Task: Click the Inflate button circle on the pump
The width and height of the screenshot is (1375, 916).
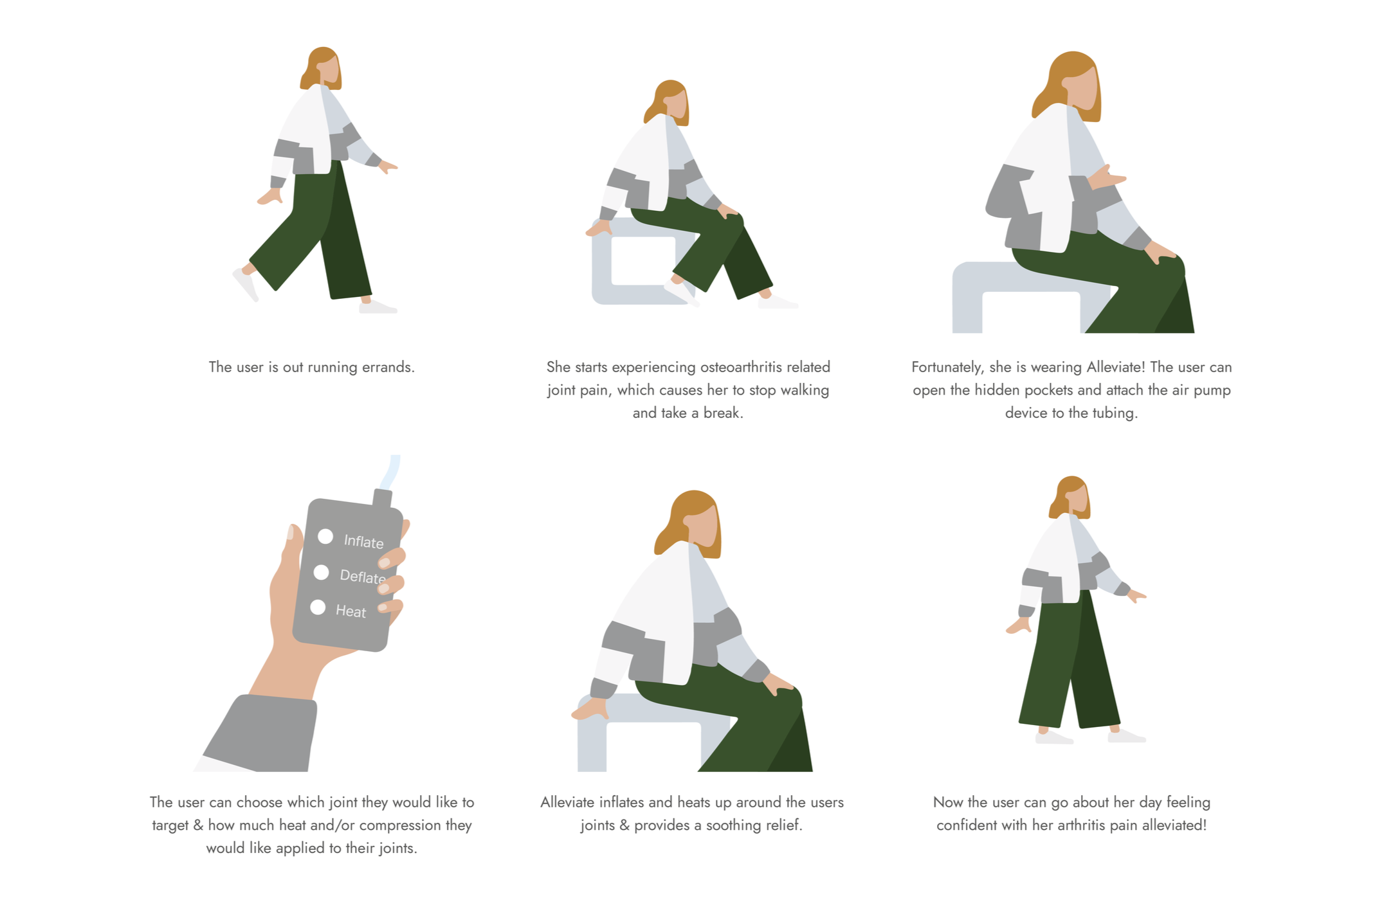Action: coord(325,536)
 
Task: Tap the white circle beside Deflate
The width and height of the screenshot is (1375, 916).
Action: coord(321,572)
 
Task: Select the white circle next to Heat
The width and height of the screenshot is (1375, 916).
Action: coord(318,607)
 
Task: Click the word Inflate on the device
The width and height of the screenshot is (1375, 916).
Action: coord(363,542)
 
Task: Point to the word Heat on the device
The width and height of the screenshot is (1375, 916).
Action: coord(351,611)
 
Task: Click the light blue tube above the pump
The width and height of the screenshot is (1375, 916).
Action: coord(390,472)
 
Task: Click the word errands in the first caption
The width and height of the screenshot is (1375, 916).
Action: coord(388,367)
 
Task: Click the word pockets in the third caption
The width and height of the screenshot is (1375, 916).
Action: coord(1048,390)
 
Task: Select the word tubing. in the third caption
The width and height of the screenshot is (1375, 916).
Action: coord(1115,413)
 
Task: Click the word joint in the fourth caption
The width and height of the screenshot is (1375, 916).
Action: coord(343,802)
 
